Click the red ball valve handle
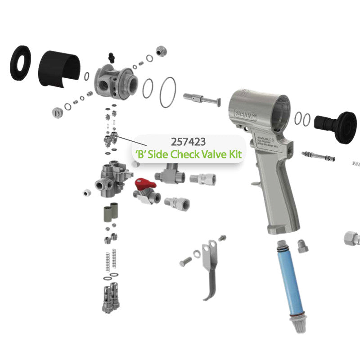pos(145,184)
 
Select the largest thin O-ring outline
pos(167,92)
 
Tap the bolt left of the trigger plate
pos(184,261)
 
